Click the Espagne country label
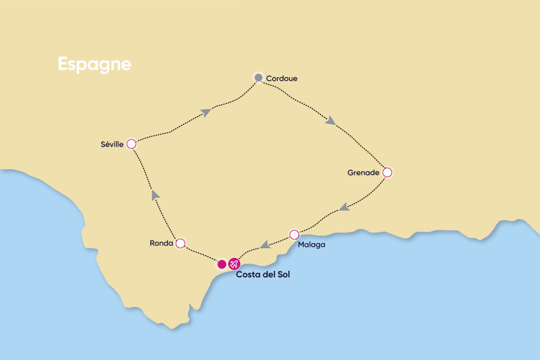pyautogui.click(x=94, y=64)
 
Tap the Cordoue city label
pyautogui.click(x=282, y=79)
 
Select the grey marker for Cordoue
pyautogui.click(x=258, y=78)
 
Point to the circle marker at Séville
pyautogui.click(x=131, y=144)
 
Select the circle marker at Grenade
pyautogui.click(x=387, y=172)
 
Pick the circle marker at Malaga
pyautogui.click(x=294, y=234)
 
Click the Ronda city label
pyautogui.click(x=161, y=244)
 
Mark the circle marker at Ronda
pyautogui.click(x=180, y=243)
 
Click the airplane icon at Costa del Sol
pyautogui.click(x=234, y=264)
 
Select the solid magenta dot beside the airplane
pyautogui.click(x=222, y=264)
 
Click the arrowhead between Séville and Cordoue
pyautogui.click(x=206, y=112)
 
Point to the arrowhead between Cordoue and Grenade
pyautogui.click(x=330, y=121)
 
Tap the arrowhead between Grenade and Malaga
pyautogui.click(x=344, y=207)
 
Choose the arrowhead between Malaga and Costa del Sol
pyautogui.click(x=265, y=244)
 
